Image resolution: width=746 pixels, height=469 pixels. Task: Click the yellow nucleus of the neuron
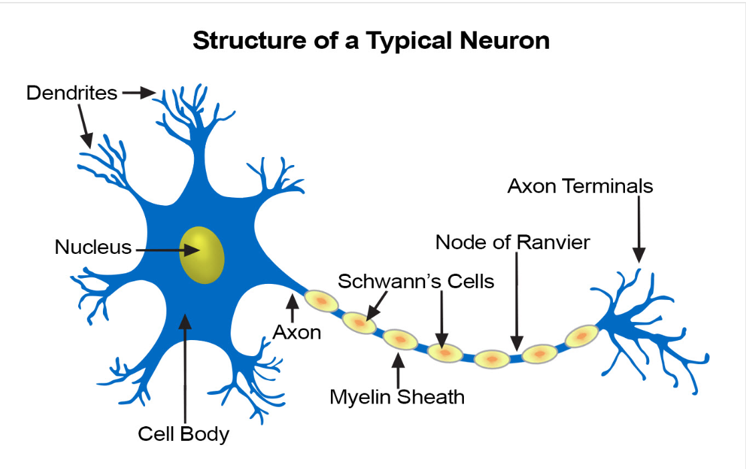[201, 255]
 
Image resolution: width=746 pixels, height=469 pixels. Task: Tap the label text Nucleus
[93, 247]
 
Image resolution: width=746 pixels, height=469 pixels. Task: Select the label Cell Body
[183, 434]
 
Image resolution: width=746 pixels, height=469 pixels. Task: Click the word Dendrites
[72, 93]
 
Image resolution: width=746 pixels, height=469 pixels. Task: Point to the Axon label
[297, 332]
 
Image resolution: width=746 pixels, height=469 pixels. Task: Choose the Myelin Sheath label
[397, 397]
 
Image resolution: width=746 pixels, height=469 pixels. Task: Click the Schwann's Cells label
[416, 281]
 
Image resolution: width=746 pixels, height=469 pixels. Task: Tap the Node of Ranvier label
[513, 242]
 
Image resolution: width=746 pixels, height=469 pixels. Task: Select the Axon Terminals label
[580, 186]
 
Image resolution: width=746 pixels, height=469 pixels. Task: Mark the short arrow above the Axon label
[291, 309]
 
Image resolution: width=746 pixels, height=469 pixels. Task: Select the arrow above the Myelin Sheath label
[398, 371]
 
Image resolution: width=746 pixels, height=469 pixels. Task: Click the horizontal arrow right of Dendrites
[138, 93]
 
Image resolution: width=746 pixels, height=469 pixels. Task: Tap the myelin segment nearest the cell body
[322, 303]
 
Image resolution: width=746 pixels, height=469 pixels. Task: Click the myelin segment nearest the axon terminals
[581, 336]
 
